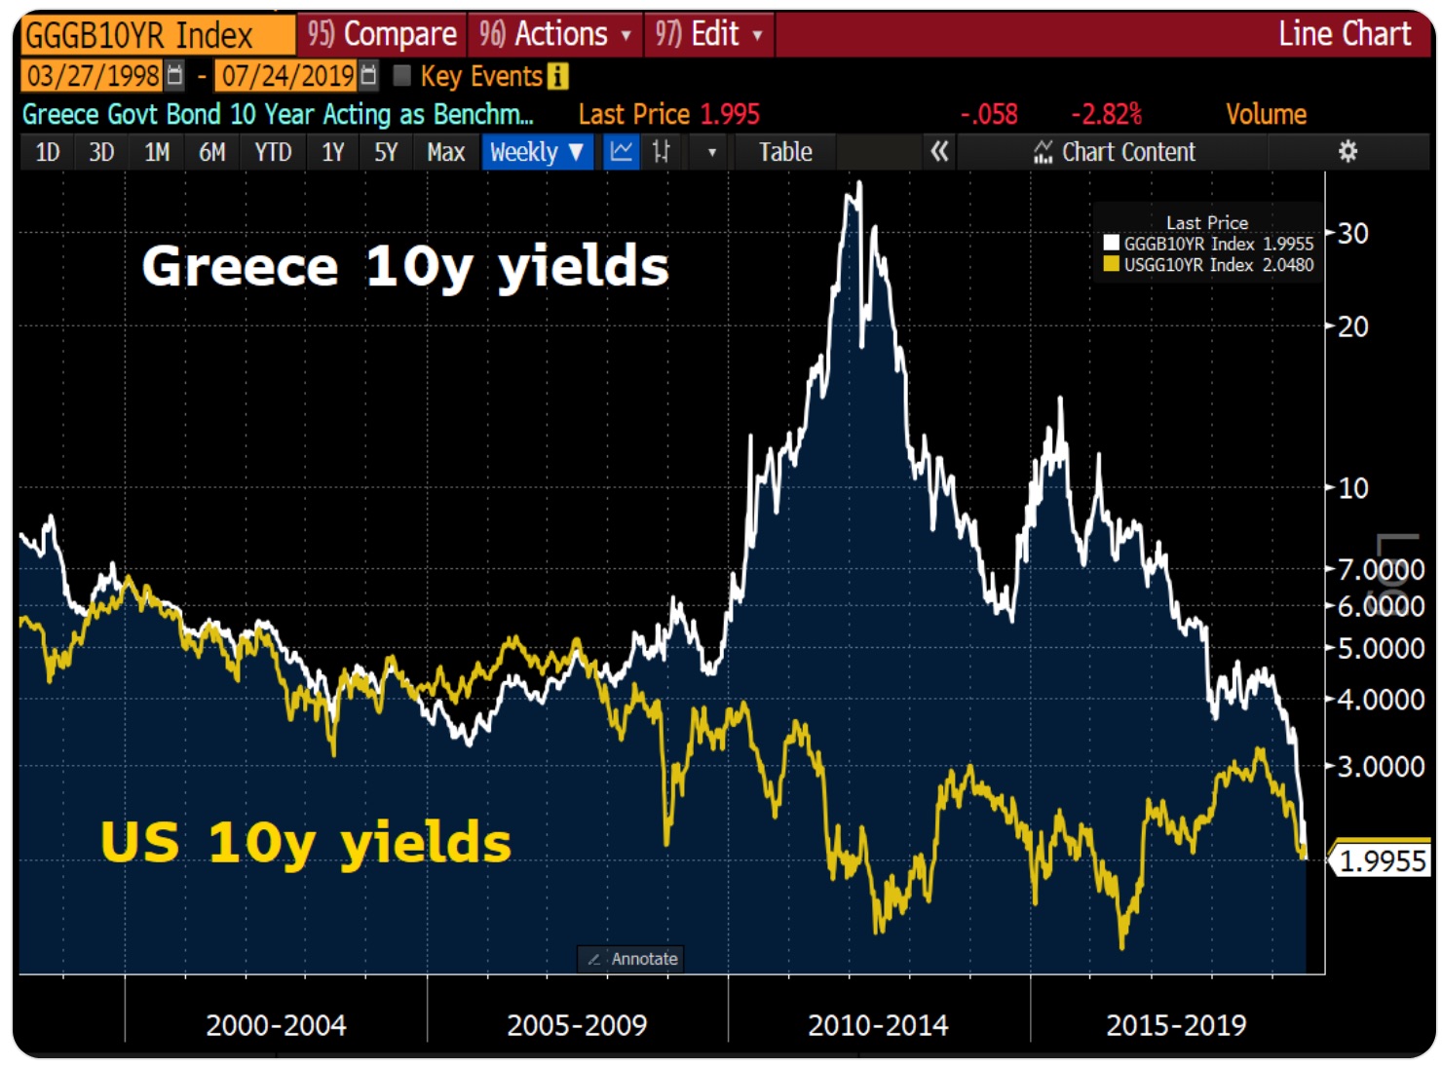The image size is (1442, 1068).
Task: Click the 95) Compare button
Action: [x=382, y=35]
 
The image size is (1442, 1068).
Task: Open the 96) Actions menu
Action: [x=554, y=35]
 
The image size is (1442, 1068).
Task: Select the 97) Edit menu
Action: [x=708, y=35]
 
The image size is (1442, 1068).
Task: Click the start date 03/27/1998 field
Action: [x=94, y=76]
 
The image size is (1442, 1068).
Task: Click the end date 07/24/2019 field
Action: [x=287, y=76]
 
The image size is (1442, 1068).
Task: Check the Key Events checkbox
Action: [x=401, y=76]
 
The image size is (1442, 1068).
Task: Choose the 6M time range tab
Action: [x=211, y=152]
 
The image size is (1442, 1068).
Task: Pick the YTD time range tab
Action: [x=273, y=152]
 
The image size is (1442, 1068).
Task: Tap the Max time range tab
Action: [x=445, y=152]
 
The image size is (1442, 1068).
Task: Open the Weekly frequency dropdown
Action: [x=537, y=152]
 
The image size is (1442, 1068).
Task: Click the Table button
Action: [x=785, y=152]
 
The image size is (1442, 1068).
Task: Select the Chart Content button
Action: [x=1115, y=152]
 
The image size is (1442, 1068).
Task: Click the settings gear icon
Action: [x=1347, y=151]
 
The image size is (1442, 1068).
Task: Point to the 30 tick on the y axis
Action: [x=1353, y=234]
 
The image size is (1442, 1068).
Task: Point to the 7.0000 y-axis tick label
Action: [x=1381, y=569]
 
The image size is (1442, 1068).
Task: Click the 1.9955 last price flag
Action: [x=1382, y=861]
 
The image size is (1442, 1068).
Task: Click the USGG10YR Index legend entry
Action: [x=1208, y=265]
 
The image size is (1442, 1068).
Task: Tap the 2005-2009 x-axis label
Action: [x=577, y=1025]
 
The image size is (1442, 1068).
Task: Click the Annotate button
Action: [x=632, y=959]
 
